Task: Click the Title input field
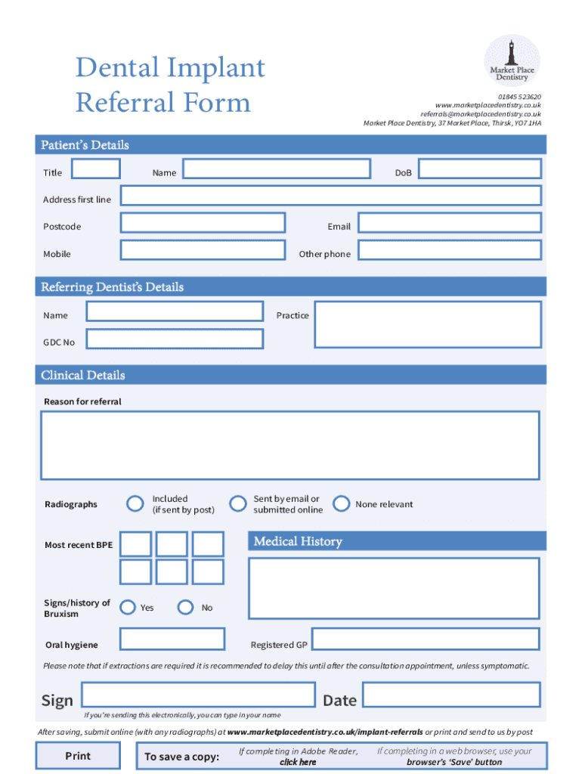(x=95, y=169)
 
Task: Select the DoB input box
(x=480, y=169)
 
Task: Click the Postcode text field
(x=203, y=222)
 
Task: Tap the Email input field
(x=450, y=222)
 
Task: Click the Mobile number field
(x=203, y=250)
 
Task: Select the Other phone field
(x=450, y=250)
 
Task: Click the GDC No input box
(x=175, y=339)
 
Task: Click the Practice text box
(x=428, y=324)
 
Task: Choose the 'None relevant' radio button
(x=342, y=503)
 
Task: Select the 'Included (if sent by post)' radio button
(x=135, y=503)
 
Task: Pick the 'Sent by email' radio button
(x=238, y=503)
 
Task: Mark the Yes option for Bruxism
(x=128, y=607)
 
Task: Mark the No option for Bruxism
(x=185, y=607)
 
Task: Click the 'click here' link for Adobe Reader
(x=298, y=762)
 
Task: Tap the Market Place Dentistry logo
(x=512, y=62)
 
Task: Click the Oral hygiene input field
(x=172, y=639)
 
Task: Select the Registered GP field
(x=426, y=639)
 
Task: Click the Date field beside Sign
(x=451, y=695)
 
